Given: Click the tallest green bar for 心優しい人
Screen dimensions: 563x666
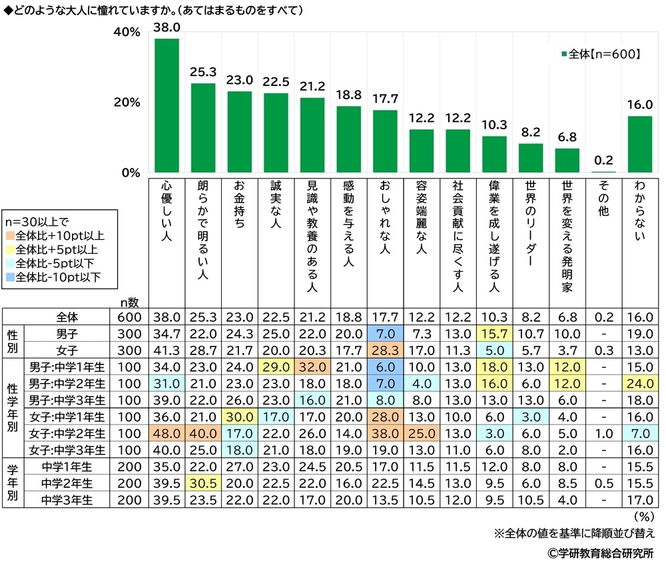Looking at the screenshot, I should coord(166,107).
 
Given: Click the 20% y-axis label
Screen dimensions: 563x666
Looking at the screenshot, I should coord(127,103).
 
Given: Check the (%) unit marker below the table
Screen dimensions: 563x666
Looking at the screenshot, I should coord(643,516).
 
